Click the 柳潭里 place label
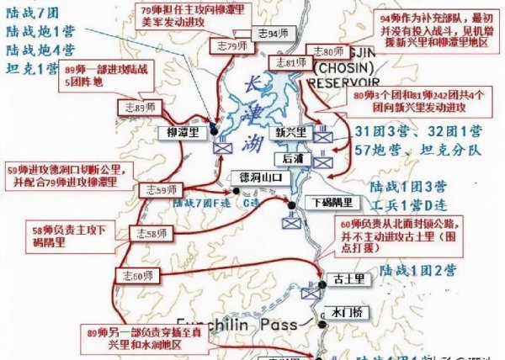click(x=181, y=133)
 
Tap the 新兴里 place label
click(x=291, y=133)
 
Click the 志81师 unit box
click(x=288, y=62)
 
